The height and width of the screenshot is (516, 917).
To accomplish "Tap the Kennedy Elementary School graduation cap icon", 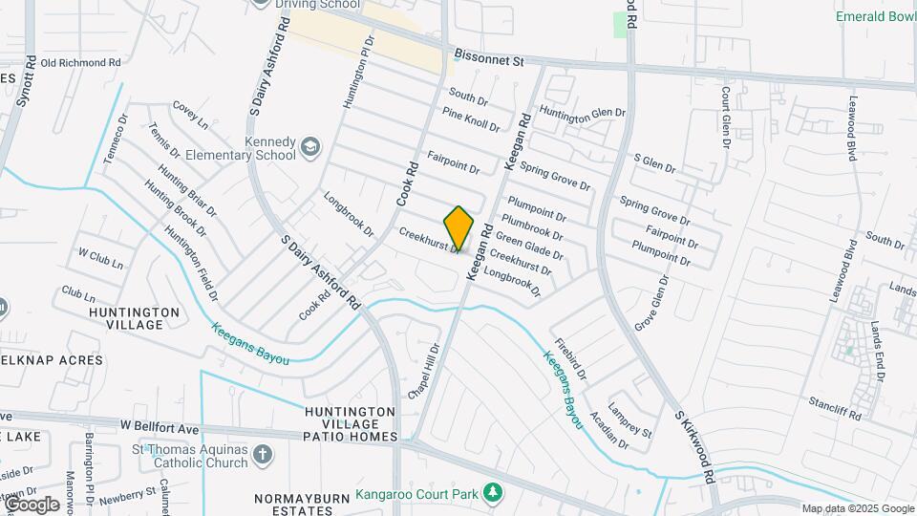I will pyautogui.click(x=310, y=147).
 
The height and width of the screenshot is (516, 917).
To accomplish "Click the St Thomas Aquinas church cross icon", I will pyautogui.click(x=263, y=455).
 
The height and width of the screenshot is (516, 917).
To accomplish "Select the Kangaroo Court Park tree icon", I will pyautogui.click(x=493, y=493).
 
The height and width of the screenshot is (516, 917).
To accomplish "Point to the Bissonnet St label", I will pyautogui.click(x=490, y=60).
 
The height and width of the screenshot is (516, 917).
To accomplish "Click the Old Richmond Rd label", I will pyautogui.click(x=81, y=63).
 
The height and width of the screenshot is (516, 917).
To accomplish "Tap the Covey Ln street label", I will pyautogui.click(x=189, y=116).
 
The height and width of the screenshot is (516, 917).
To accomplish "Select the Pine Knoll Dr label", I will pyautogui.click(x=471, y=119).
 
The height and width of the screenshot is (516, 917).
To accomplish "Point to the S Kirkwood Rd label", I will pyautogui.click(x=694, y=447).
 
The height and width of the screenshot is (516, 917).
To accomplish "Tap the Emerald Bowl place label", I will pyautogui.click(x=875, y=16).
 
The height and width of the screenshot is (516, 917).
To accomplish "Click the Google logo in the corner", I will pyautogui.click(x=31, y=504).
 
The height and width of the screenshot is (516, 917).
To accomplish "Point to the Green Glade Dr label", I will pyautogui.click(x=529, y=246).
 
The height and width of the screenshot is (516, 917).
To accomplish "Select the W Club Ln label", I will pyautogui.click(x=100, y=258).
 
